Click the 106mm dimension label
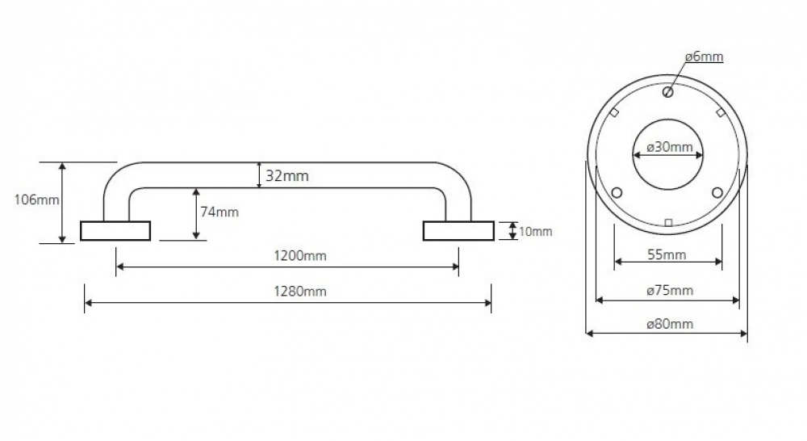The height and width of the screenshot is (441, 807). click(x=36, y=199)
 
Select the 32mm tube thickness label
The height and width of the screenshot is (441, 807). click(x=287, y=176)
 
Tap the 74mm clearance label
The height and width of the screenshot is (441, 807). click(x=220, y=212)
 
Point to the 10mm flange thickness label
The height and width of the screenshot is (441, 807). click(x=535, y=232)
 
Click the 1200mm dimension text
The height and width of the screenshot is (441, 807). click(x=300, y=255)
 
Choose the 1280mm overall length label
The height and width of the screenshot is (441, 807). click(x=300, y=291)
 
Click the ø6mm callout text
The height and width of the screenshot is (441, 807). click(x=704, y=57)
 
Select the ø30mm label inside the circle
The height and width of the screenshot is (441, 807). click(x=670, y=147)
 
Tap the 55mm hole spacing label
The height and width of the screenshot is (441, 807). click(x=667, y=254)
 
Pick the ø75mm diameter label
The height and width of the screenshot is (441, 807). click(x=670, y=290)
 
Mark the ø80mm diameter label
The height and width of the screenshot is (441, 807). click(x=670, y=324)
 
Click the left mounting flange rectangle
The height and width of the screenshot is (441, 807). click(x=115, y=231)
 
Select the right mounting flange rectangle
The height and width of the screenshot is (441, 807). click(x=458, y=231)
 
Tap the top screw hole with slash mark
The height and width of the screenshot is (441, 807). click(x=668, y=92)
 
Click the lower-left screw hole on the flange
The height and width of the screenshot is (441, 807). click(x=617, y=193)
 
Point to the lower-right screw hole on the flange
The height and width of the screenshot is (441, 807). click(x=717, y=193)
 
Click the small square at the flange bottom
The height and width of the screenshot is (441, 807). click(x=668, y=223)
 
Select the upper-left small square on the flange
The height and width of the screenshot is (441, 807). click(x=614, y=112)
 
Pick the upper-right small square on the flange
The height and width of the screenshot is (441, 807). click(x=721, y=112)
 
